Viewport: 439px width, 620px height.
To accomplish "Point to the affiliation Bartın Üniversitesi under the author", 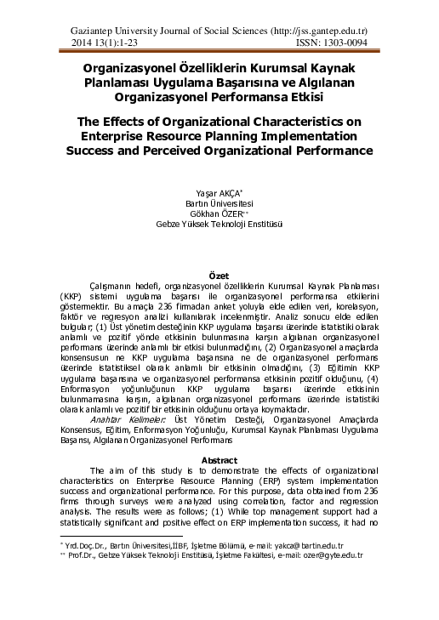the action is [219, 203].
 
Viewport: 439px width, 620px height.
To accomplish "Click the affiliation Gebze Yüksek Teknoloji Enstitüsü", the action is [219, 225].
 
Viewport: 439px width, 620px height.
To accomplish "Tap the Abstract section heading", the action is [219, 459].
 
